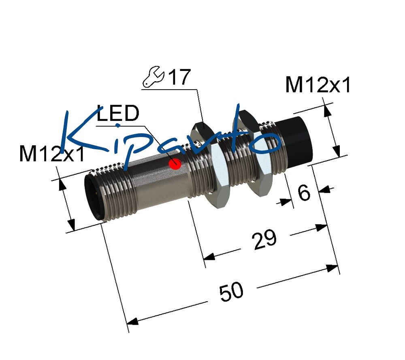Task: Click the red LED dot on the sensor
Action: (x=175, y=164)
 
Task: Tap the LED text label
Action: (x=118, y=114)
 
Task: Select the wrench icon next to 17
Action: (x=153, y=77)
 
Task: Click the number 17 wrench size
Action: (x=179, y=77)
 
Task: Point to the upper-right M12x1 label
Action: (x=318, y=85)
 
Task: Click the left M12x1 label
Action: (x=52, y=154)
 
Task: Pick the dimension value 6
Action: (x=304, y=193)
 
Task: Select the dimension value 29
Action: (x=265, y=240)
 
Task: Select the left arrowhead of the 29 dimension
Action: (x=209, y=257)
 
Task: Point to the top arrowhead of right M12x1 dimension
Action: (x=327, y=111)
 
